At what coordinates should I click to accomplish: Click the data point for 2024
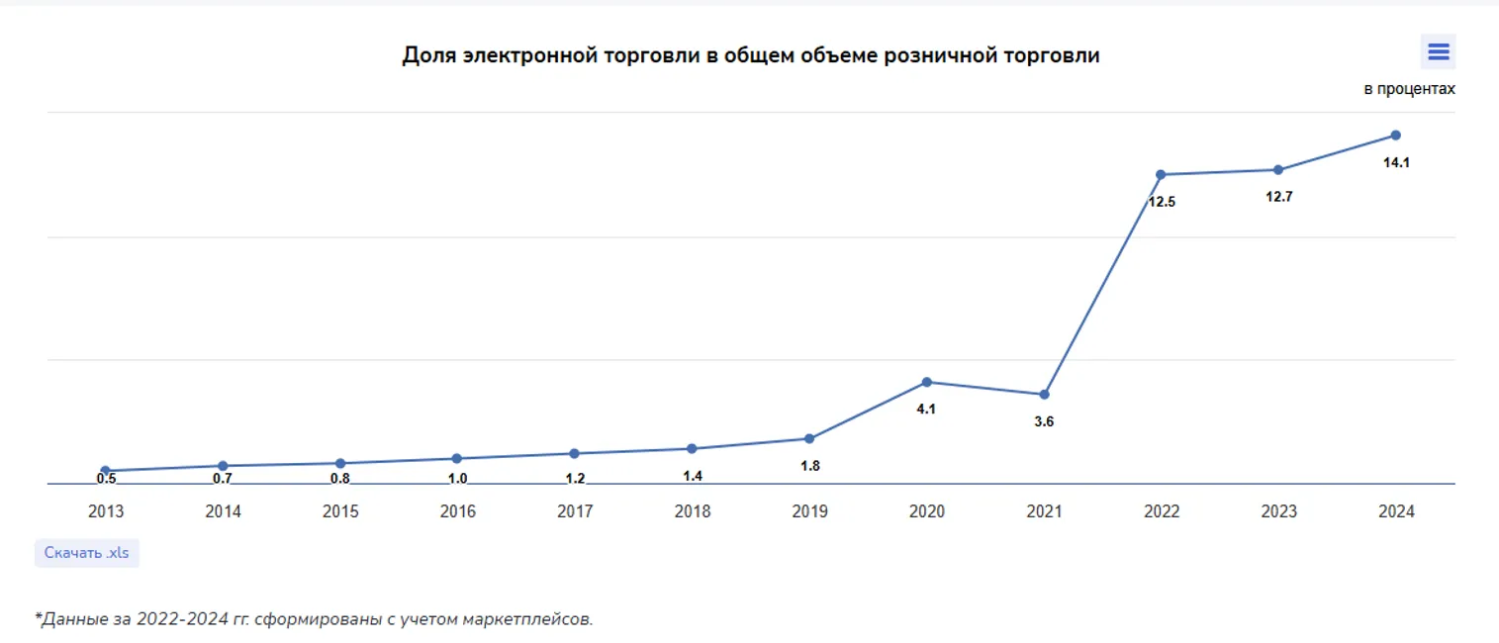tap(1395, 135)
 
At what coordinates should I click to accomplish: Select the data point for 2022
tap(1161, 174)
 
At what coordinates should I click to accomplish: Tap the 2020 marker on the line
tap(926, 382)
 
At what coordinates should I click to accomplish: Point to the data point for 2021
tap(1044, 395)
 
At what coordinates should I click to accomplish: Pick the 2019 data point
tap(809, 438)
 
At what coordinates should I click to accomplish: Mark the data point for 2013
tap(106, 471)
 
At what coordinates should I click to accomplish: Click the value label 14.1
tap(1396, 162)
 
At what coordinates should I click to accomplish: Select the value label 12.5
tap(1162, 202)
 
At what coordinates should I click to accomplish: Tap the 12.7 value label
tap(1279, 197)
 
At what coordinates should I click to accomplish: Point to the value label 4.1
tap(926, 409)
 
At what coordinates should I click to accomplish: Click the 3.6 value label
tap(1044, 421)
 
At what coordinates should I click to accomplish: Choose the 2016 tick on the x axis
tap(457, 511)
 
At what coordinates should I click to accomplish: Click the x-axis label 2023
tap(1278, 511)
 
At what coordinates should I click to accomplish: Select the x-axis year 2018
tap(692, 511)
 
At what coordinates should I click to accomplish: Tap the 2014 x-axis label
tap(223, 511)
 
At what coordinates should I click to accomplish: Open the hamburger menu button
tap(1438, 52)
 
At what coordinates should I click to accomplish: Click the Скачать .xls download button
tap(87, 553)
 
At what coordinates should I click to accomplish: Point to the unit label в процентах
tap(1409, 89)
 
